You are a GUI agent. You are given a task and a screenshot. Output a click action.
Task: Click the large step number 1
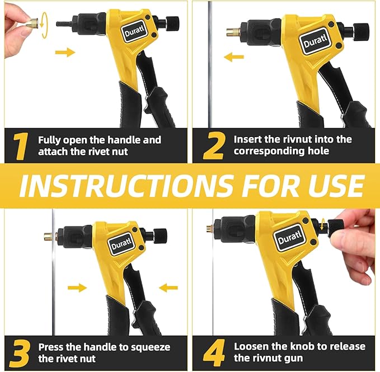[x=21, y=146]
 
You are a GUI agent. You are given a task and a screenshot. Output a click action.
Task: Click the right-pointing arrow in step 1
[x=65, y=53]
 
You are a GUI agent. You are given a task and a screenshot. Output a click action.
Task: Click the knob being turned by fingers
[x=336, y=227]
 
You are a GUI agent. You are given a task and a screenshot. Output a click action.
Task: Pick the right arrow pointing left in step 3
[x=168, y=288]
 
